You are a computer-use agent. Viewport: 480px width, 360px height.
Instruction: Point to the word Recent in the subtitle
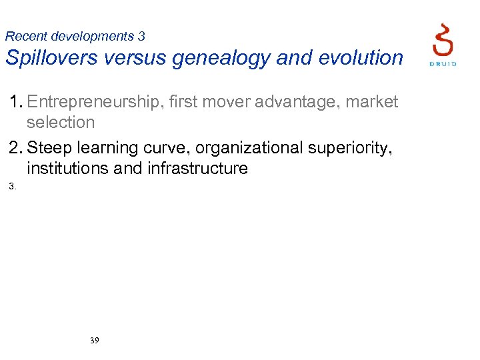pos(26,36)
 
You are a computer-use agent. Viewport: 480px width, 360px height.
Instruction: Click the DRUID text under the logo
pos(442,63)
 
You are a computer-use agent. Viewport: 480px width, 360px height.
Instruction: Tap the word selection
pos(61,122)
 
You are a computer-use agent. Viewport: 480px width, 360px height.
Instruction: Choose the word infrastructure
pos(197,168)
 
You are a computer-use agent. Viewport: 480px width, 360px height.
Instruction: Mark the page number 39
pos(94,341)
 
